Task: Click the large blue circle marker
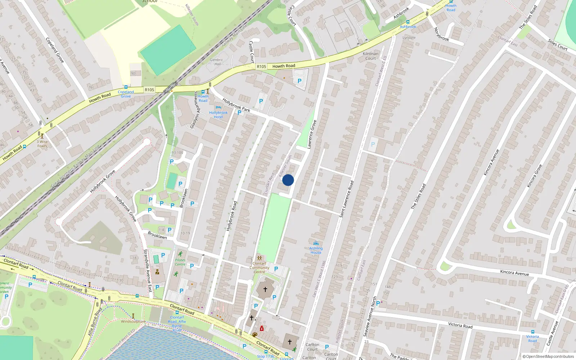point(288,180)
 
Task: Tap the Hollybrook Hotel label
point(218,114)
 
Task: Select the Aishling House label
point(316,250)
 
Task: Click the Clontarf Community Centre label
point(259,267)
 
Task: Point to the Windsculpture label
point(133,321)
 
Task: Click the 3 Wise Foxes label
point(42,144)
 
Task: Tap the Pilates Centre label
point(180,262)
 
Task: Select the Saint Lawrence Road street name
point(346,199)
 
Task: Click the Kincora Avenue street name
point(514,273)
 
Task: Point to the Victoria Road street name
point(460,325)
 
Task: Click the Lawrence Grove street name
point(312,134)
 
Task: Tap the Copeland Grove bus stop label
point(126,94)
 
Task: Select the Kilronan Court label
point(370,56)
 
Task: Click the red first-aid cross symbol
point(262,328)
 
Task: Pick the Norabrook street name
point(441,34)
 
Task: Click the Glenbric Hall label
point(216,62)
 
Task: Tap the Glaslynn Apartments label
point(194,110)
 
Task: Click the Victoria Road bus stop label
point(532,338)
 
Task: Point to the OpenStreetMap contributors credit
point(548,356)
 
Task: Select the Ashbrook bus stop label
point(408,27)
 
